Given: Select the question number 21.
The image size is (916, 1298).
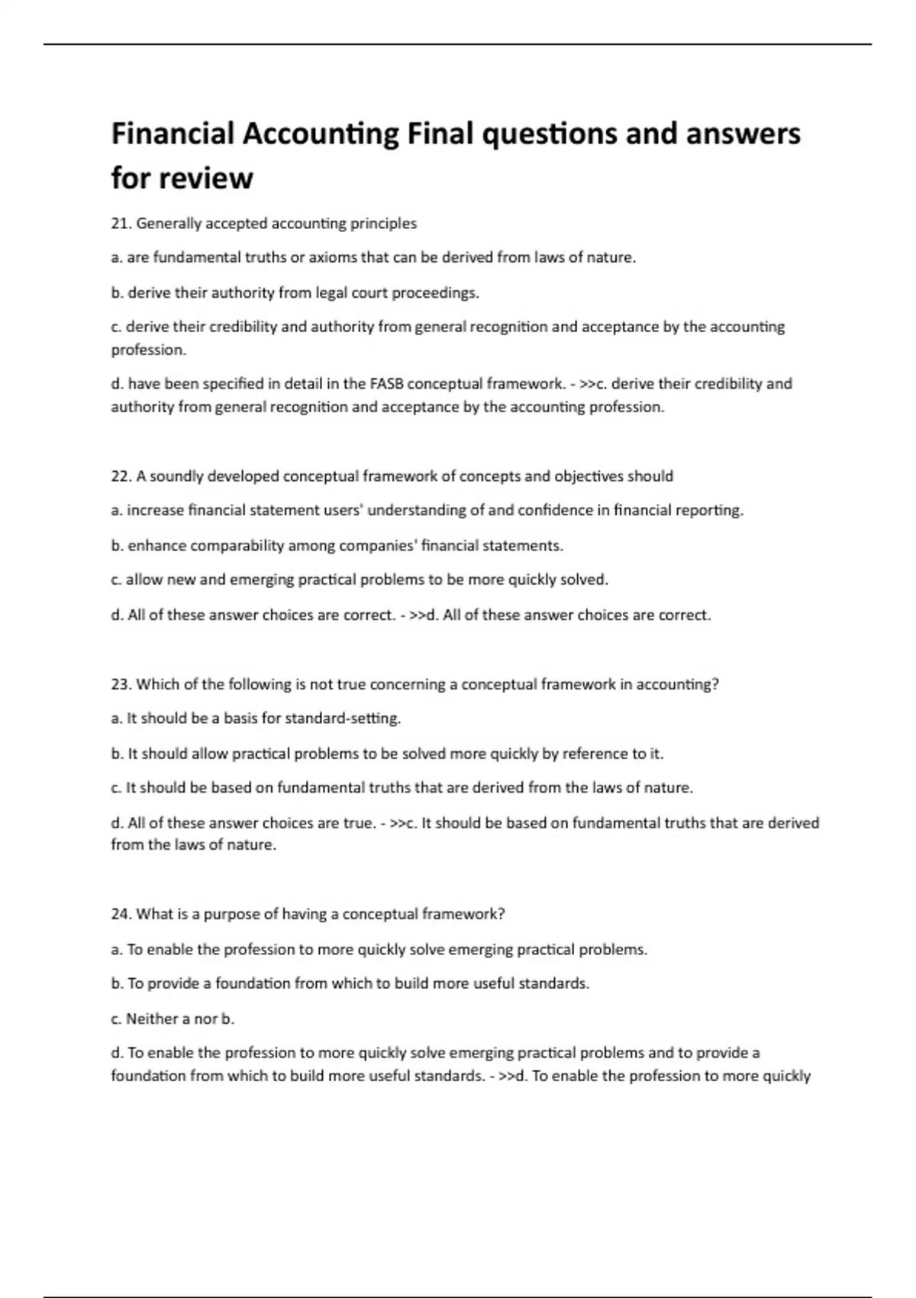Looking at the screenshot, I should click(x=121, y=224).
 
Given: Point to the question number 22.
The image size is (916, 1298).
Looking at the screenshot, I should click(x=121, y=476).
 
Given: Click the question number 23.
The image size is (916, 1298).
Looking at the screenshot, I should click(x=121, y=684).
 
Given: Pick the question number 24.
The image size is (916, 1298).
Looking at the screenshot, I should click(x=121, y=914).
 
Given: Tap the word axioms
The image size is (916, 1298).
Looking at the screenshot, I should click(x=333, y=257).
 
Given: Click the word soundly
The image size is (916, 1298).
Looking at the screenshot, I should click(x=176, y=476).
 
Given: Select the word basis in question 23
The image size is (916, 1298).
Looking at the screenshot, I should click(x=242, y=718).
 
